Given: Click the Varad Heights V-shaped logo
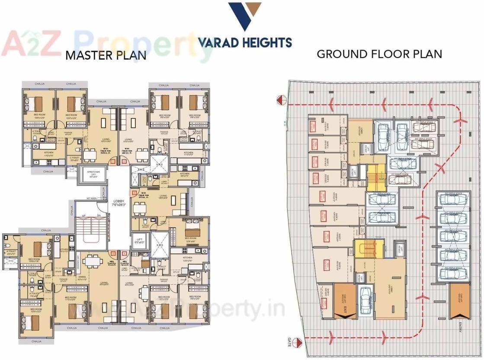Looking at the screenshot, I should coord(244,16).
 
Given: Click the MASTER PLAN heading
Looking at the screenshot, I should coord(106,55).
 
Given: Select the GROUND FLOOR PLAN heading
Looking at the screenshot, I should coord(379,54).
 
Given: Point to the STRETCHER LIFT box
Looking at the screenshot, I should coord(94,174).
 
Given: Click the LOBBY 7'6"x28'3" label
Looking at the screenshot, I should coord(119,203).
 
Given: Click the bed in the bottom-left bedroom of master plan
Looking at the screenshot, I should coord(35,322).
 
